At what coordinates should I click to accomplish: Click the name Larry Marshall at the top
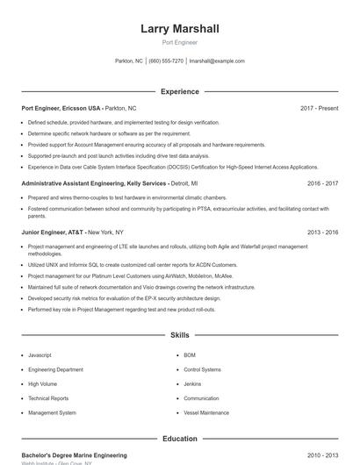(x=180, y=29)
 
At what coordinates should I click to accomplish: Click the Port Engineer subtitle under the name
(x=180, y=42)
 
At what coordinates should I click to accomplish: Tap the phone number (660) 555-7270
(x=166, y=61)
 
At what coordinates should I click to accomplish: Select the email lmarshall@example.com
(x=217, y=61)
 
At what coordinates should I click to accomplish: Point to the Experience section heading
(x=180, y=91)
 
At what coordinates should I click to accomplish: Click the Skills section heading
(x=180, y=335)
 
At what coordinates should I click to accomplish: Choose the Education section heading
(x=180, y=439)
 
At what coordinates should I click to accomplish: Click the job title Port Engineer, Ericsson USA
(x=62, y=108)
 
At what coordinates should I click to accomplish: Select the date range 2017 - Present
(x=319, y=108)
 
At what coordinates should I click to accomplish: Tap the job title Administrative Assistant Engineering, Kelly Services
(x=94, y=183)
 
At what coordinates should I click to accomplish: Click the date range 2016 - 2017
(x=322, y=183)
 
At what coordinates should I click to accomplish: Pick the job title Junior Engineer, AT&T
(x=54, y=232)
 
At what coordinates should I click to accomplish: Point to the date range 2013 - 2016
(x=322, y=232)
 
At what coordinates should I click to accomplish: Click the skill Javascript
(x=40, y=355)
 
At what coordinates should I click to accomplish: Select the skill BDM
(x=190, y=355)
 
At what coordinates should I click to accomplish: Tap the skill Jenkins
(x=192, y=384)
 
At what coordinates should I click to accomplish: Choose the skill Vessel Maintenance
(x=206, y=412)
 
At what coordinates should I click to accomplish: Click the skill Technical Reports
(x=47, y=398)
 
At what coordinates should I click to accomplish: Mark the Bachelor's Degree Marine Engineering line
(x=74, y=455)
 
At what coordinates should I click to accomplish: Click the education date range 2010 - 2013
(x=322, y=455)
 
